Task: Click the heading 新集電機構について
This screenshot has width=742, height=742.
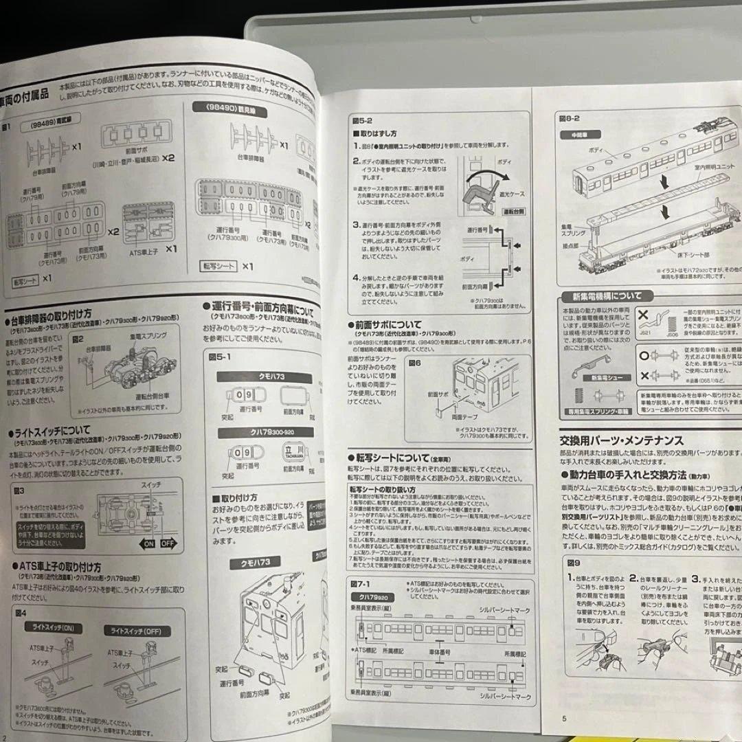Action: click(x=602, y=296)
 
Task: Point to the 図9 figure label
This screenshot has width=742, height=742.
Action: click(x=574, y=561)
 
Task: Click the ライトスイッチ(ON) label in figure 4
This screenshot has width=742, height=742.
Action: click(x=53, y=627)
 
